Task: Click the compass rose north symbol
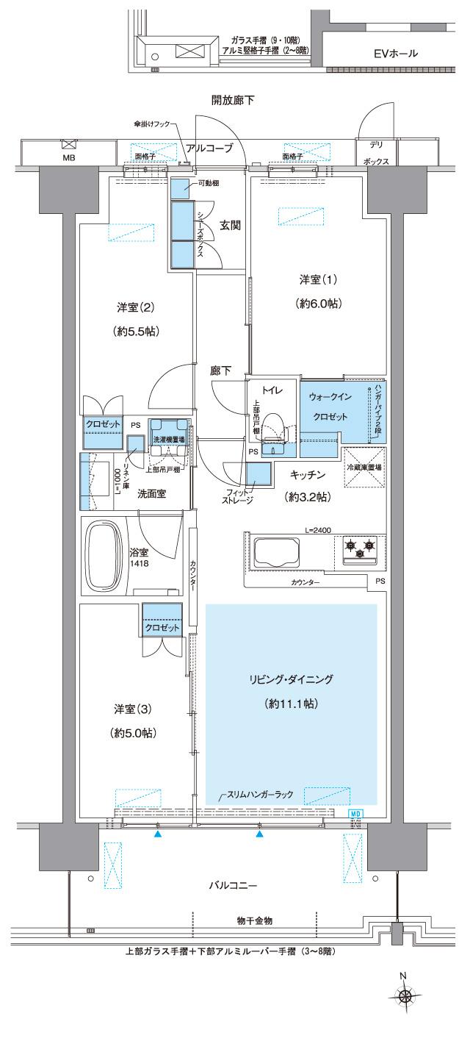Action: [x=403, y=996]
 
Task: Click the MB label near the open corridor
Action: [x=68, y=157]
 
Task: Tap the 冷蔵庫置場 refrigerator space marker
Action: [x=364, y=467]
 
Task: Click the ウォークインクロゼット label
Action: [x=329, y=406]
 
